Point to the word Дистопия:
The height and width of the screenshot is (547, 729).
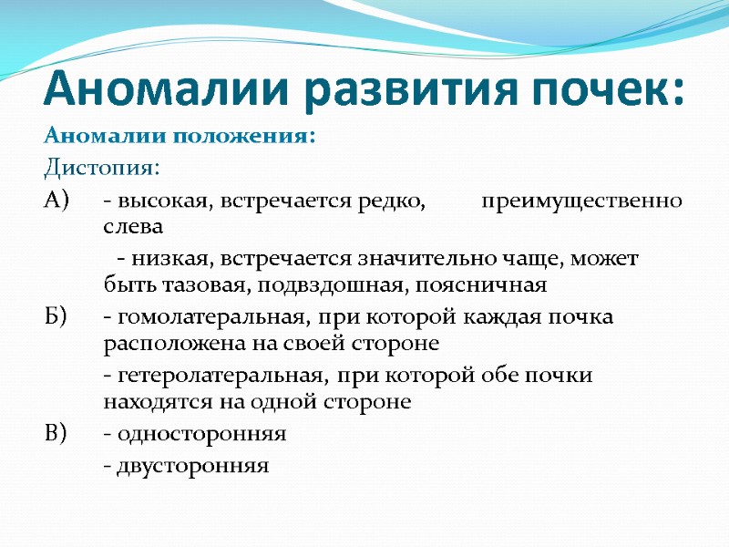101,168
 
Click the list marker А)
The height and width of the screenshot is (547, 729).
56,200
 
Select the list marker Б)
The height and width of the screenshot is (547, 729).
56,316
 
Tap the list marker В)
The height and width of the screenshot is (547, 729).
56,433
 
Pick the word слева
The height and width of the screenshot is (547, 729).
133,226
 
